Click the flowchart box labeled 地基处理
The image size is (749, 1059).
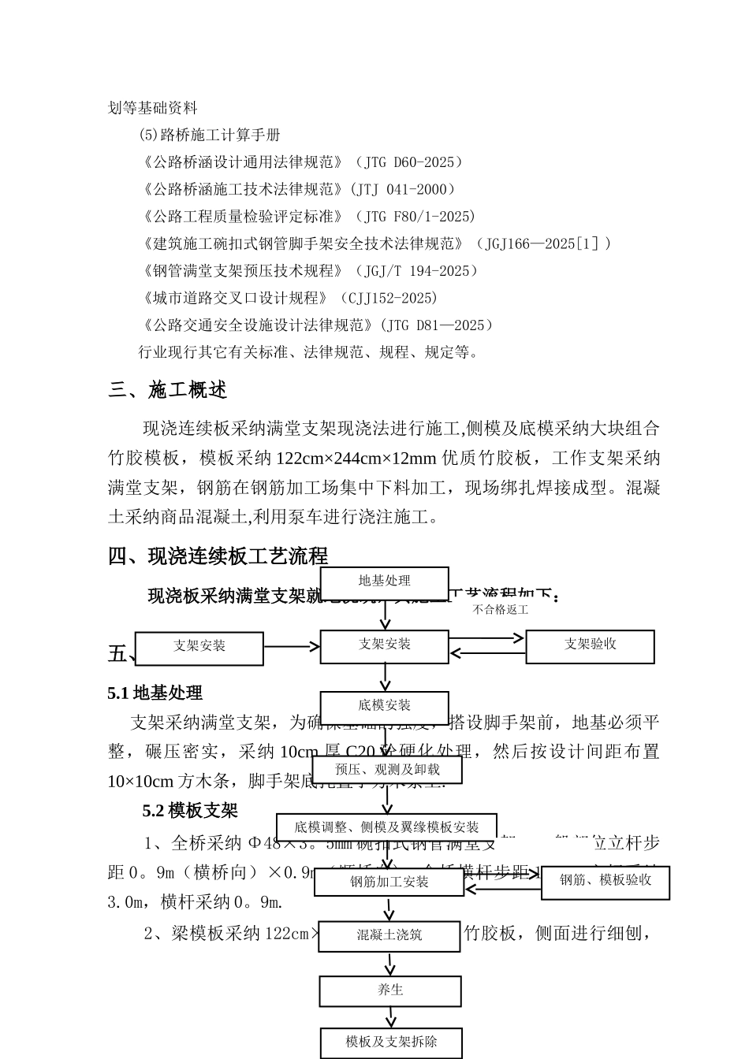[384, 582]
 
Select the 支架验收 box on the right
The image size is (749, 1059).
[590, 645]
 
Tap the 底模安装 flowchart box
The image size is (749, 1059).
[384, 706]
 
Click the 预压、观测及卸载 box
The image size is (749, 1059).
[387, 769]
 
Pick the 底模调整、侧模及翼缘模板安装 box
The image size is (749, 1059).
[386, 827]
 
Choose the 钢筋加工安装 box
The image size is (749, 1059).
[389, 882]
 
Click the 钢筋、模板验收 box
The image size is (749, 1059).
[605, 881]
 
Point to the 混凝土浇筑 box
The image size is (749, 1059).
[389, 935]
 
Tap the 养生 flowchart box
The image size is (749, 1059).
[390, 990]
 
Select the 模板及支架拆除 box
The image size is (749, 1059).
[390, 1042]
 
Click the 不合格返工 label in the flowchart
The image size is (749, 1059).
[500, 610]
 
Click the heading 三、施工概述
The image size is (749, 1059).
[167, 391]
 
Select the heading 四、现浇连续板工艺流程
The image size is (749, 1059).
[218, 557]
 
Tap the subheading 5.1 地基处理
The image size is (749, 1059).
[155, 693]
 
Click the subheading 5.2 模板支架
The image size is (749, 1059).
[189, 811]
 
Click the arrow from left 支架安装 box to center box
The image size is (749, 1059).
[292, 647]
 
